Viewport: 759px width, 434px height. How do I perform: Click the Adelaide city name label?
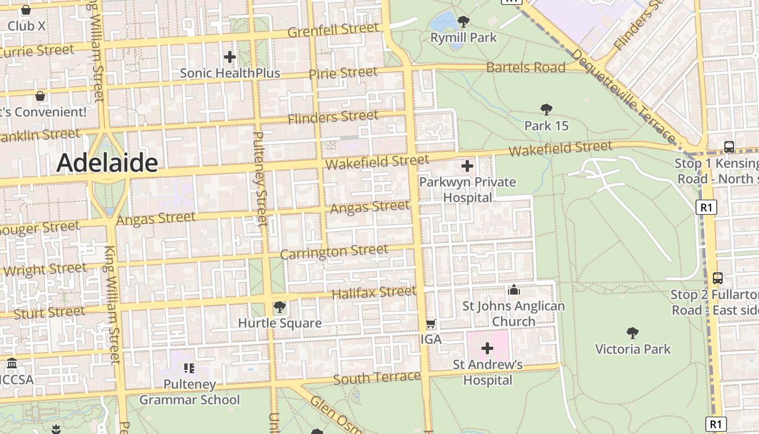(x=107, y=162)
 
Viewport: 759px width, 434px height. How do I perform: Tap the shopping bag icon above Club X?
(x=25, y=10)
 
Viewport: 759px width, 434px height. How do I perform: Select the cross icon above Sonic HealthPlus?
(x=230, y=56)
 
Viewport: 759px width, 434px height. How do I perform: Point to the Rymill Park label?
(x=464, y=37)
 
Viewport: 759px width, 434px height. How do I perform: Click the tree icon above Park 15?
(x=546, y=110)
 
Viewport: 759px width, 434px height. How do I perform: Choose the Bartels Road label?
(x=525, y=67)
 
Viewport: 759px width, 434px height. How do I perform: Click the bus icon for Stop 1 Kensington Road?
(x=729, y=146)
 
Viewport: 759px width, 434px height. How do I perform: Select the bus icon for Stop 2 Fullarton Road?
(x=718, y=278)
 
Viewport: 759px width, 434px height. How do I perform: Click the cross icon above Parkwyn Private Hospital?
(x=467, y=166)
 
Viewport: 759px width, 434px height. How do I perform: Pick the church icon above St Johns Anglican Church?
(x=513, y=290)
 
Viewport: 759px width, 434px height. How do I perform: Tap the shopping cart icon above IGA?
(x=431, y=324)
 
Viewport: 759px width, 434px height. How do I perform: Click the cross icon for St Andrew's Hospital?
(x=487, y=348)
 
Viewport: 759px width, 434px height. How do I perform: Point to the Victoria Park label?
(x=633, y=349)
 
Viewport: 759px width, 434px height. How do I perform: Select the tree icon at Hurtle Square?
(x=280, y=308)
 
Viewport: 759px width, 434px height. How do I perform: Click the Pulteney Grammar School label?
(x=189, y=392)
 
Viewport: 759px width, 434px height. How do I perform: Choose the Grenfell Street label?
(x=333, y=30)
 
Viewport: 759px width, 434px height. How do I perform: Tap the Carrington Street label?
(x=334, y=252)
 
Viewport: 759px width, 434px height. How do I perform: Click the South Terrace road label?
(x=377, y=378)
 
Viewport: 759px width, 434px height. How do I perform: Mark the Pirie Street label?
(x=343, y=73)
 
